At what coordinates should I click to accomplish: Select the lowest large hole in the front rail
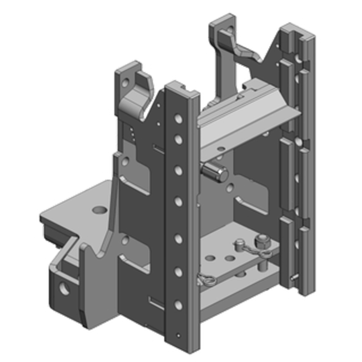pos(179,305)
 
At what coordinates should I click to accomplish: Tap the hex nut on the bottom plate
pos(261,242)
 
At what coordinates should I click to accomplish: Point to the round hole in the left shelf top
pos(99,210)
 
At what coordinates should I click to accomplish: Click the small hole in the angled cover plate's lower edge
pos(220,148)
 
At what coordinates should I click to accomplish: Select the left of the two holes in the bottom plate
pos(210,258)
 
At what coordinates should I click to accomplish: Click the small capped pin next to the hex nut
pos(238,245)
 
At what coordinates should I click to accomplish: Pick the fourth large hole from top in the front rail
pos(179,200)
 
